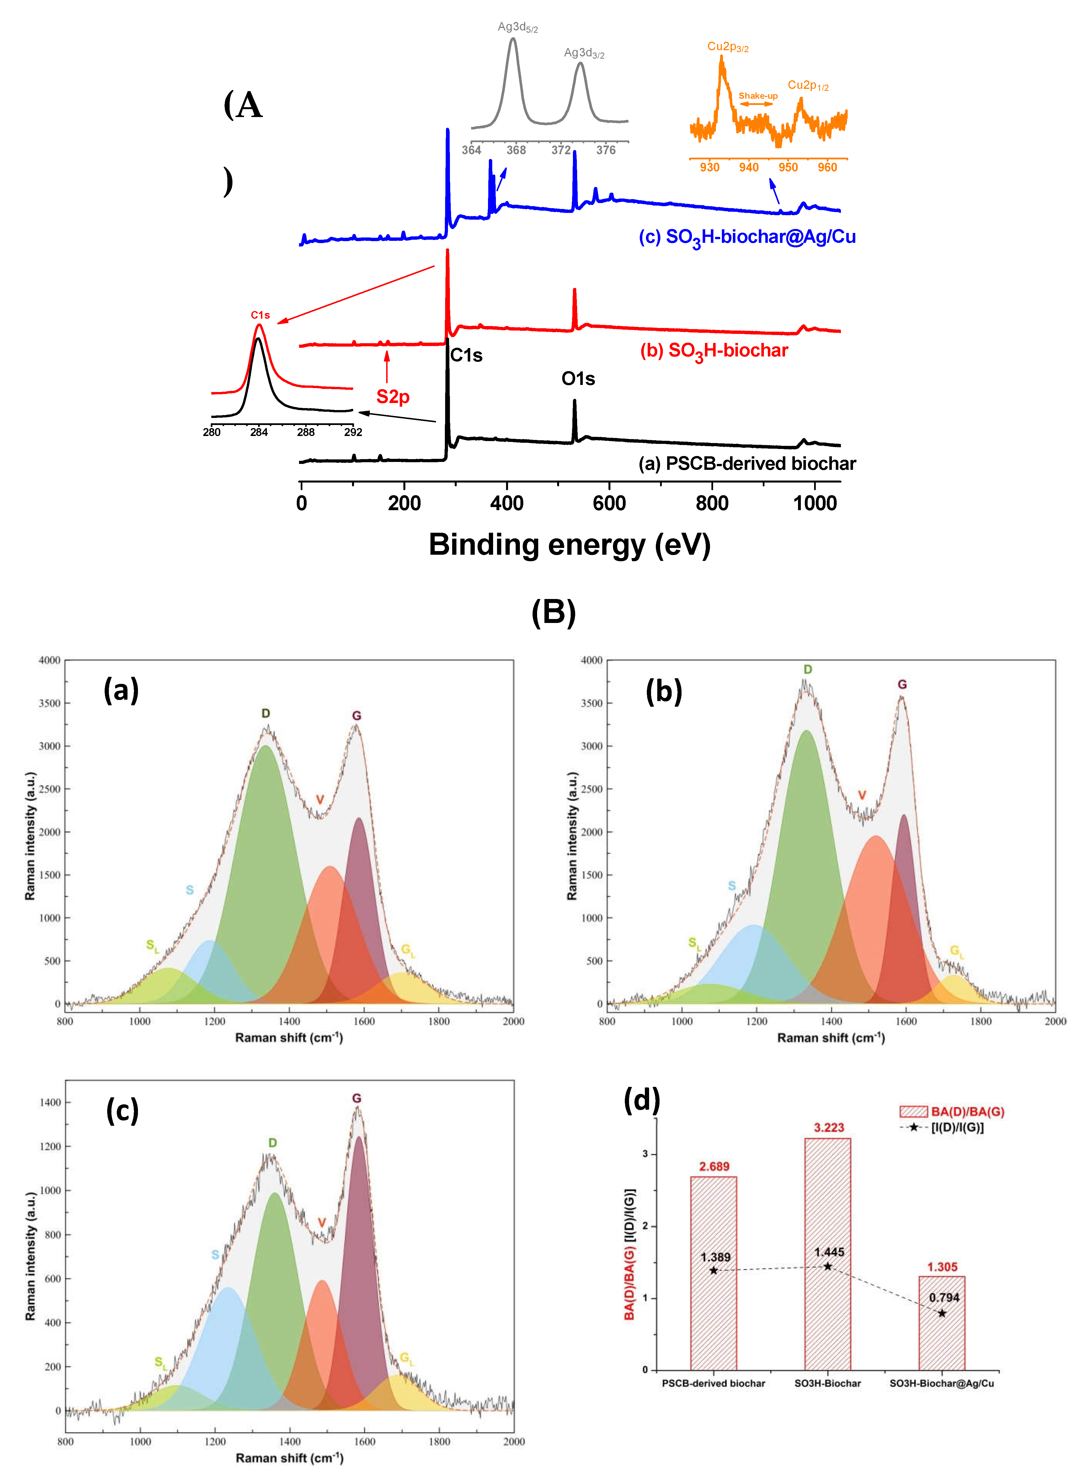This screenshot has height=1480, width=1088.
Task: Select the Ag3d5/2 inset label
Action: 518,27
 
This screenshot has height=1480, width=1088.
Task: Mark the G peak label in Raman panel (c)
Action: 356,1098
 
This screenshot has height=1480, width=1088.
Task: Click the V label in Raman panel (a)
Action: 320,799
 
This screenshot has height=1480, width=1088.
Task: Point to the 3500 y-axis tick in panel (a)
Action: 49,703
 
